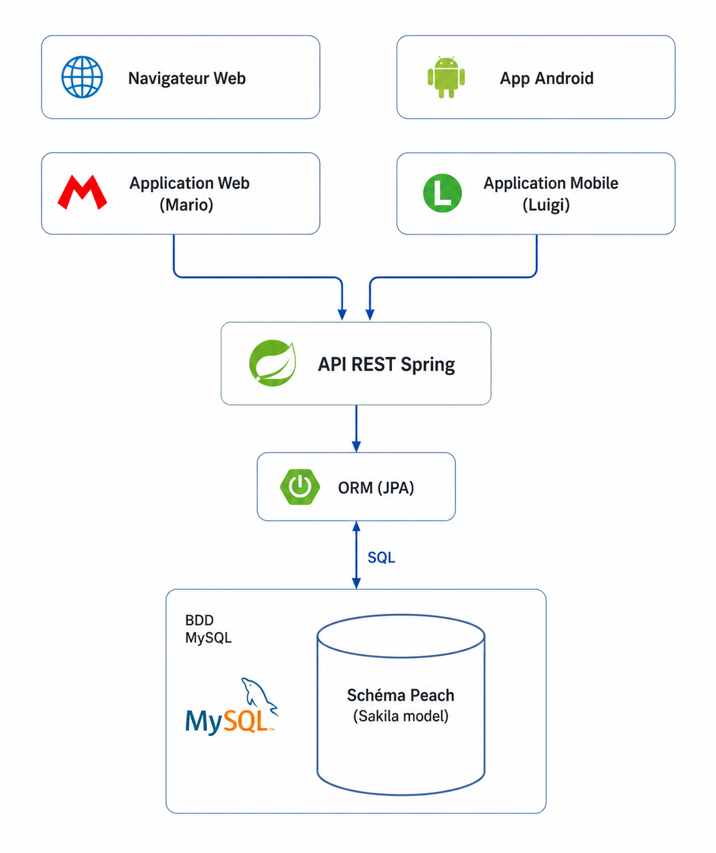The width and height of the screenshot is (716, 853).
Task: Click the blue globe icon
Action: (x=82, y=77)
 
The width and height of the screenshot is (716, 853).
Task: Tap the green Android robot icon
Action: (x=446, y=77)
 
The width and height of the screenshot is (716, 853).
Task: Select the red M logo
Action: (x=82, y=192)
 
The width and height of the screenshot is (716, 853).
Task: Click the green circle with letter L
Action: (x=442, y=193)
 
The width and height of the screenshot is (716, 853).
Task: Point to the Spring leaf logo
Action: (x=272, y=363)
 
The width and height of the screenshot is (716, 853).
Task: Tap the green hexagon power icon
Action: (x=300, y=487)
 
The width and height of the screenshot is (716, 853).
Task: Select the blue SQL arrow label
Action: (x=381, y=557)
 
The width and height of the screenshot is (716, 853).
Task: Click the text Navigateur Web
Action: (x=187, y=78)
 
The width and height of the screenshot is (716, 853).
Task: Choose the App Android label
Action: (x=547, y=78)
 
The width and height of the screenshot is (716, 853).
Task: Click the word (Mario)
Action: (x=186, y=204)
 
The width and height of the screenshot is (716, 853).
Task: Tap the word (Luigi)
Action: (x=546, y=204)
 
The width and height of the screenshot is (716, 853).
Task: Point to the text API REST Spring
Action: (x=386, y=364)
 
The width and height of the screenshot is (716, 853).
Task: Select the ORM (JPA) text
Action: (x=376, y=487)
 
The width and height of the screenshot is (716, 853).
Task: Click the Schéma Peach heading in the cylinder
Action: (x=401, y=695)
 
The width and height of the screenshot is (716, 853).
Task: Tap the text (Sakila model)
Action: (x=401, y=716)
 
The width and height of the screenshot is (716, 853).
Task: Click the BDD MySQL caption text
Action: (x=208, y=629)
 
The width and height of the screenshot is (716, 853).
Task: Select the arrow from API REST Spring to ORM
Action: (x=356, y=429)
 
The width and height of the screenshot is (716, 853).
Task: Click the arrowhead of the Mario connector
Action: (x=342, y=315)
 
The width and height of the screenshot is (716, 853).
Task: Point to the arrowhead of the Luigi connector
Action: (x=370, y=315)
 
